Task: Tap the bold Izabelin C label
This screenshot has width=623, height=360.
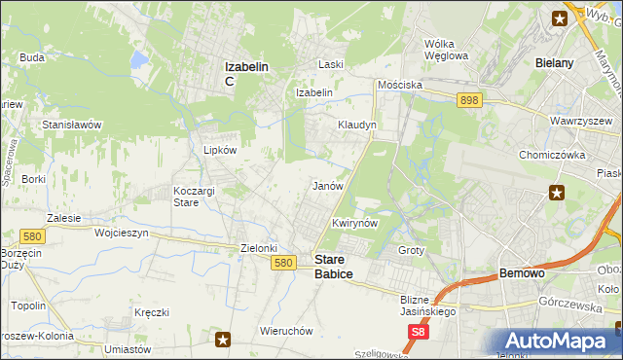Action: (x=247, y=73)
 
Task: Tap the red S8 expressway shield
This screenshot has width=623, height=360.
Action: (x=418, y=333)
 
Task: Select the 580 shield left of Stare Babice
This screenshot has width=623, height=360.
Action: (x=284, y=263)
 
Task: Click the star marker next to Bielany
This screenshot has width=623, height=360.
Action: (x=561, y=17)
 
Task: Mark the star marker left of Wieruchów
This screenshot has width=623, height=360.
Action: (x=224, y=340)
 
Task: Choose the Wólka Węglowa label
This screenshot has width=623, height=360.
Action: (x=447, y=49)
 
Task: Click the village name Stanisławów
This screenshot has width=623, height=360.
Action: (x=72, y=126)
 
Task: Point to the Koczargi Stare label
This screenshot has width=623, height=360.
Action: (x=193, y=197)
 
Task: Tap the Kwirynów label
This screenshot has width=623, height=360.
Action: (x=354, y=223)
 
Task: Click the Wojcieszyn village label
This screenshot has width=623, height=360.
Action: (x=121, y=234)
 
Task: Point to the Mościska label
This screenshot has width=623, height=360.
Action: (x=400, y=85)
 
